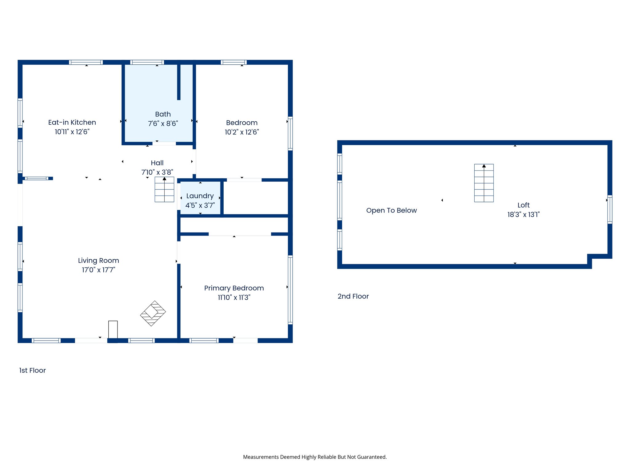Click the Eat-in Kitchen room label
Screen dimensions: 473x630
72,122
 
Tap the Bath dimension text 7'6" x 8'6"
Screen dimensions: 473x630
163,123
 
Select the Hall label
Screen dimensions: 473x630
157,163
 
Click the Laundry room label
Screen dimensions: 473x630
200,196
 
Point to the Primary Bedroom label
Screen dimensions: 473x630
234,288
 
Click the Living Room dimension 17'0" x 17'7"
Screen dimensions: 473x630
98,270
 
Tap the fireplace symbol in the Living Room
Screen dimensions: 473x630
153,313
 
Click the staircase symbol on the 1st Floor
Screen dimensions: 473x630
164,189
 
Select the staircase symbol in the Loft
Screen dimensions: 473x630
484,183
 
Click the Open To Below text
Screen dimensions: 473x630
391,210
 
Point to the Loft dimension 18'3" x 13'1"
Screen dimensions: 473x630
523,214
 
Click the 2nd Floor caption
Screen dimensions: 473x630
353,296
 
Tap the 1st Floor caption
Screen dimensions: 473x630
32,370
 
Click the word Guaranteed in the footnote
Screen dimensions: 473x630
373,457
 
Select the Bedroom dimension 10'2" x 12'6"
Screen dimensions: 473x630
242,132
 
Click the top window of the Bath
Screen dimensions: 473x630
147,62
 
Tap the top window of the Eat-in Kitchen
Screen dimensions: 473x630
86,62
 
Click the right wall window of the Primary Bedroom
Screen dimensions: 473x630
290,290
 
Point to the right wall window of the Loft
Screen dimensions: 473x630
610,209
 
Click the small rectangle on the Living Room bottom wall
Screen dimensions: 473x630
113,329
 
